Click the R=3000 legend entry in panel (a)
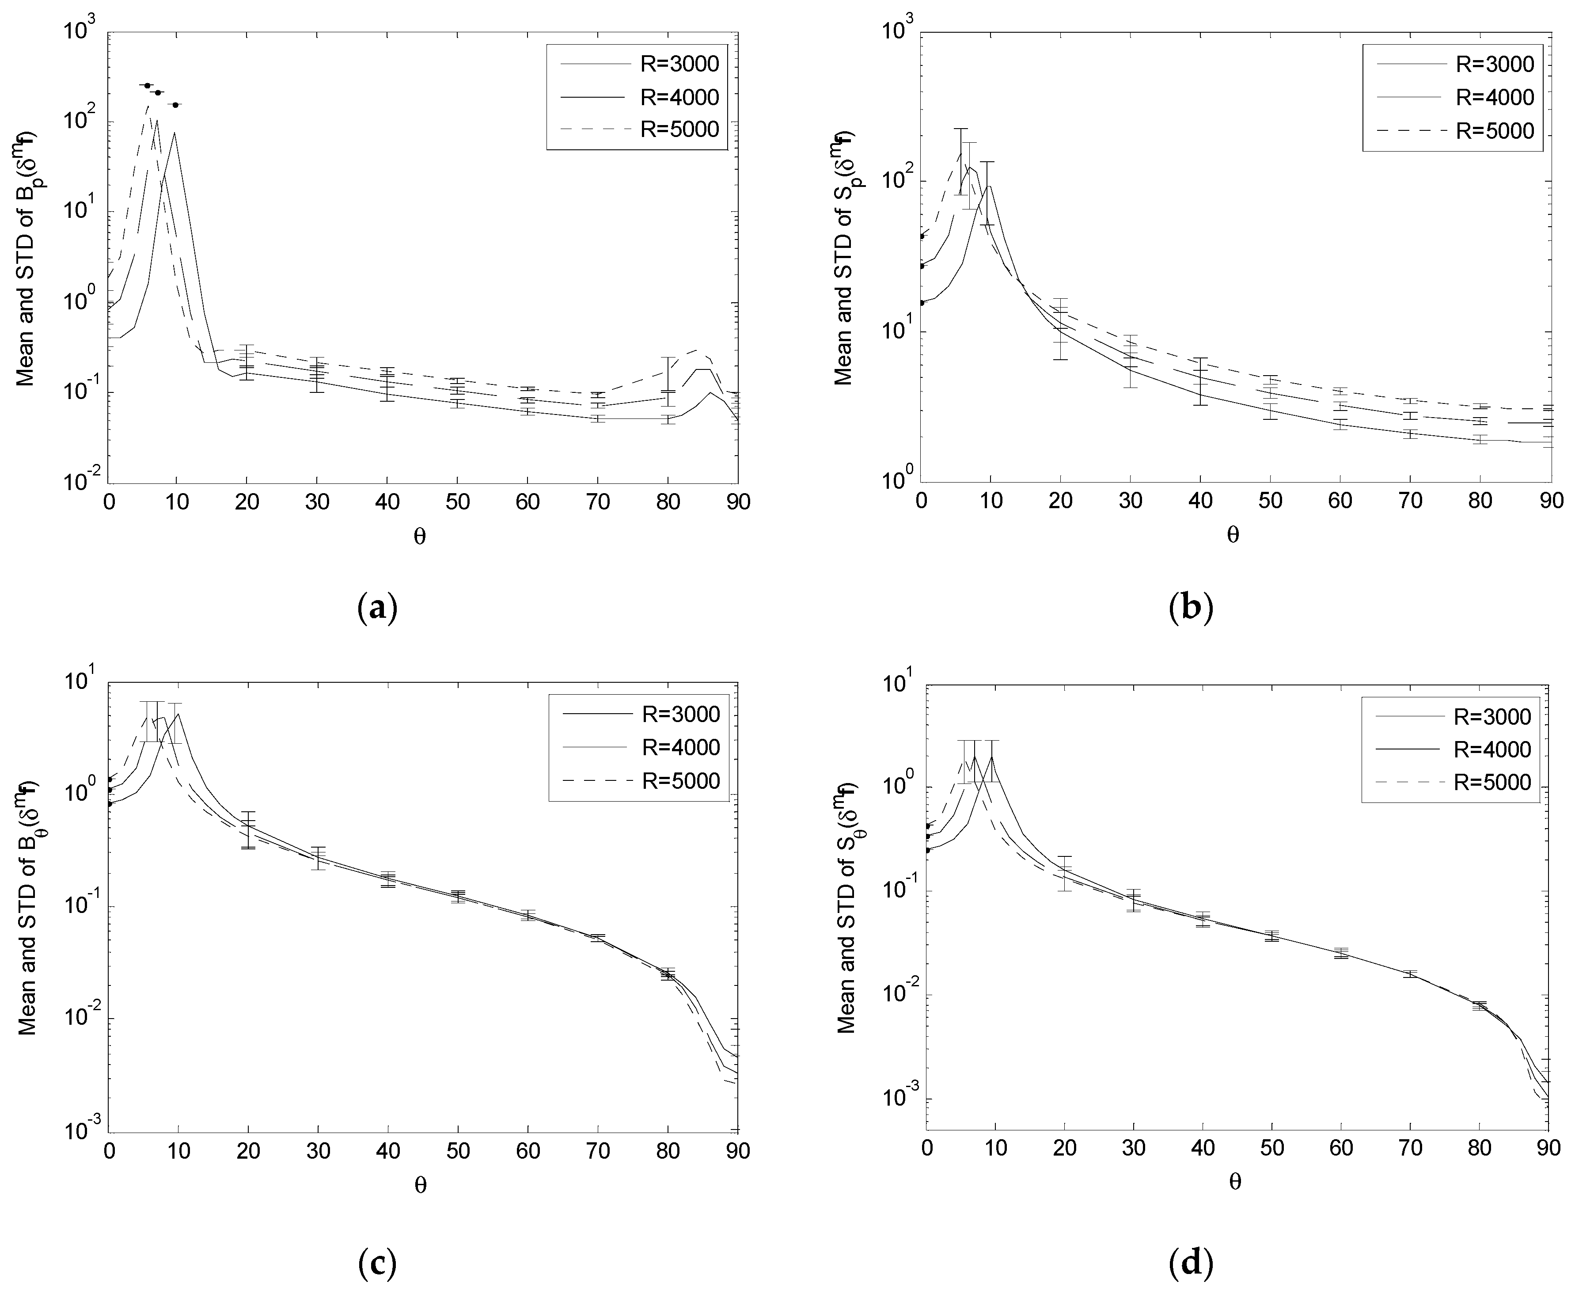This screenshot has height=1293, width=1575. [x=679, y=65]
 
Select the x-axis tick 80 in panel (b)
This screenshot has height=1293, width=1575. [x=1480, y=501]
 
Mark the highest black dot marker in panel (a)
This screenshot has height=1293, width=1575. [x=148, y=86]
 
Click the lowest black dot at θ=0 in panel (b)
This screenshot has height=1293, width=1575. [x=922, y=302]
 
